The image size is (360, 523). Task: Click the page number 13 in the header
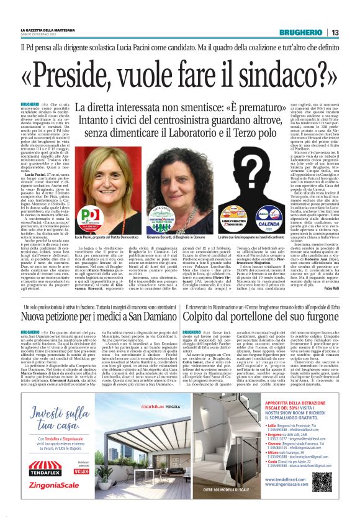[x=335, y=32]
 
